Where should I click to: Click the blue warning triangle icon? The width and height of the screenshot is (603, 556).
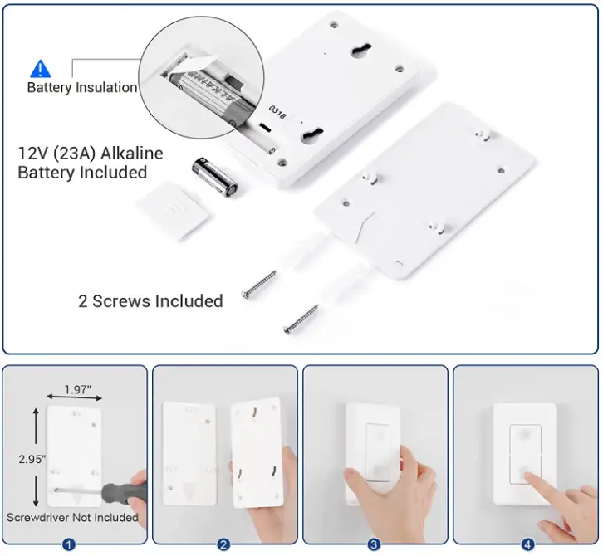pos(41,69)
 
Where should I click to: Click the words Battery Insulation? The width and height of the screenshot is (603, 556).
pos(81,87)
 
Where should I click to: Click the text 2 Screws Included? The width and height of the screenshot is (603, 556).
pos(150,300)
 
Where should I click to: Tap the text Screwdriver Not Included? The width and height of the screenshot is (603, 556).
pos(72,518)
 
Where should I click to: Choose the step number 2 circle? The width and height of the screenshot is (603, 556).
pos(223,544)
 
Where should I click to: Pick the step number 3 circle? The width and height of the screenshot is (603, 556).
pos(375,544)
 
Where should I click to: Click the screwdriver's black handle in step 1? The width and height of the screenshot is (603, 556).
pos(125,491)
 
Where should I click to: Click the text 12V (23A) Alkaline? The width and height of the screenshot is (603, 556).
pos(91,154)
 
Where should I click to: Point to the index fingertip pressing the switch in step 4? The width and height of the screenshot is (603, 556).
pos(526,476)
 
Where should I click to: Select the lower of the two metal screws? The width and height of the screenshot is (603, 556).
pos(303,319)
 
